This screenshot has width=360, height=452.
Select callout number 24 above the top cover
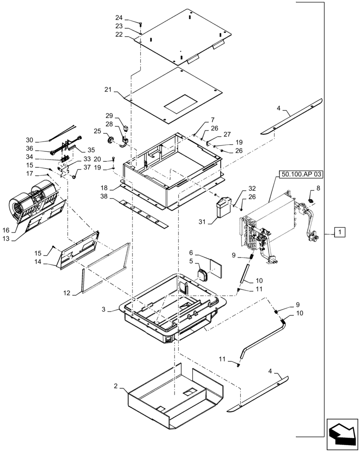118,18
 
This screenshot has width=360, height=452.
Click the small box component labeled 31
225,207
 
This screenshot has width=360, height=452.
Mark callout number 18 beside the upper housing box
104,187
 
